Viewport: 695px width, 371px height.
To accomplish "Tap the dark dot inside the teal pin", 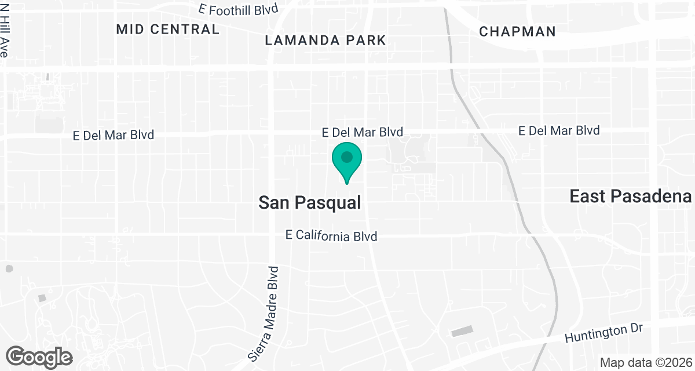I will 347,157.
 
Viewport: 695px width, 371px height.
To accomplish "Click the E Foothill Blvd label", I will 238,9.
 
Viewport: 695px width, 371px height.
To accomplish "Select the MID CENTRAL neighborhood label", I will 168,29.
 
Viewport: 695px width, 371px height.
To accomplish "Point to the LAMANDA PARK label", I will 325,40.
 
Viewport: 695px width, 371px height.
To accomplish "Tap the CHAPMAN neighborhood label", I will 518,31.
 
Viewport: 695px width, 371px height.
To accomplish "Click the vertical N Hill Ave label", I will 5,36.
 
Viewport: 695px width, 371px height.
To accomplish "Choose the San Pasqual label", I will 310,202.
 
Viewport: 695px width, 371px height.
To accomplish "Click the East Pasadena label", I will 631,196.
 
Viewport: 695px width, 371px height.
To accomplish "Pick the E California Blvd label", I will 332,236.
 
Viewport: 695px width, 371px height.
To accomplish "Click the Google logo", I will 39,357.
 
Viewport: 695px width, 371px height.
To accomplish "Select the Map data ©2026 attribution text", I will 645,362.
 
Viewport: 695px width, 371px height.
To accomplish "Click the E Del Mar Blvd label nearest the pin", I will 363,133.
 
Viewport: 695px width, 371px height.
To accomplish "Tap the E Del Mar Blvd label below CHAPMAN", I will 559,130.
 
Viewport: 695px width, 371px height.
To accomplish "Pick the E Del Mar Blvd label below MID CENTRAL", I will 114,135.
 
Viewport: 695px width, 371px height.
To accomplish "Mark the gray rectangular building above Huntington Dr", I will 462,331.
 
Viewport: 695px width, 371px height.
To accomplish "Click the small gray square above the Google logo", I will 42,298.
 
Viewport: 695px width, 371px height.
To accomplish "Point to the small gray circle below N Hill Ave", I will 9,269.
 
